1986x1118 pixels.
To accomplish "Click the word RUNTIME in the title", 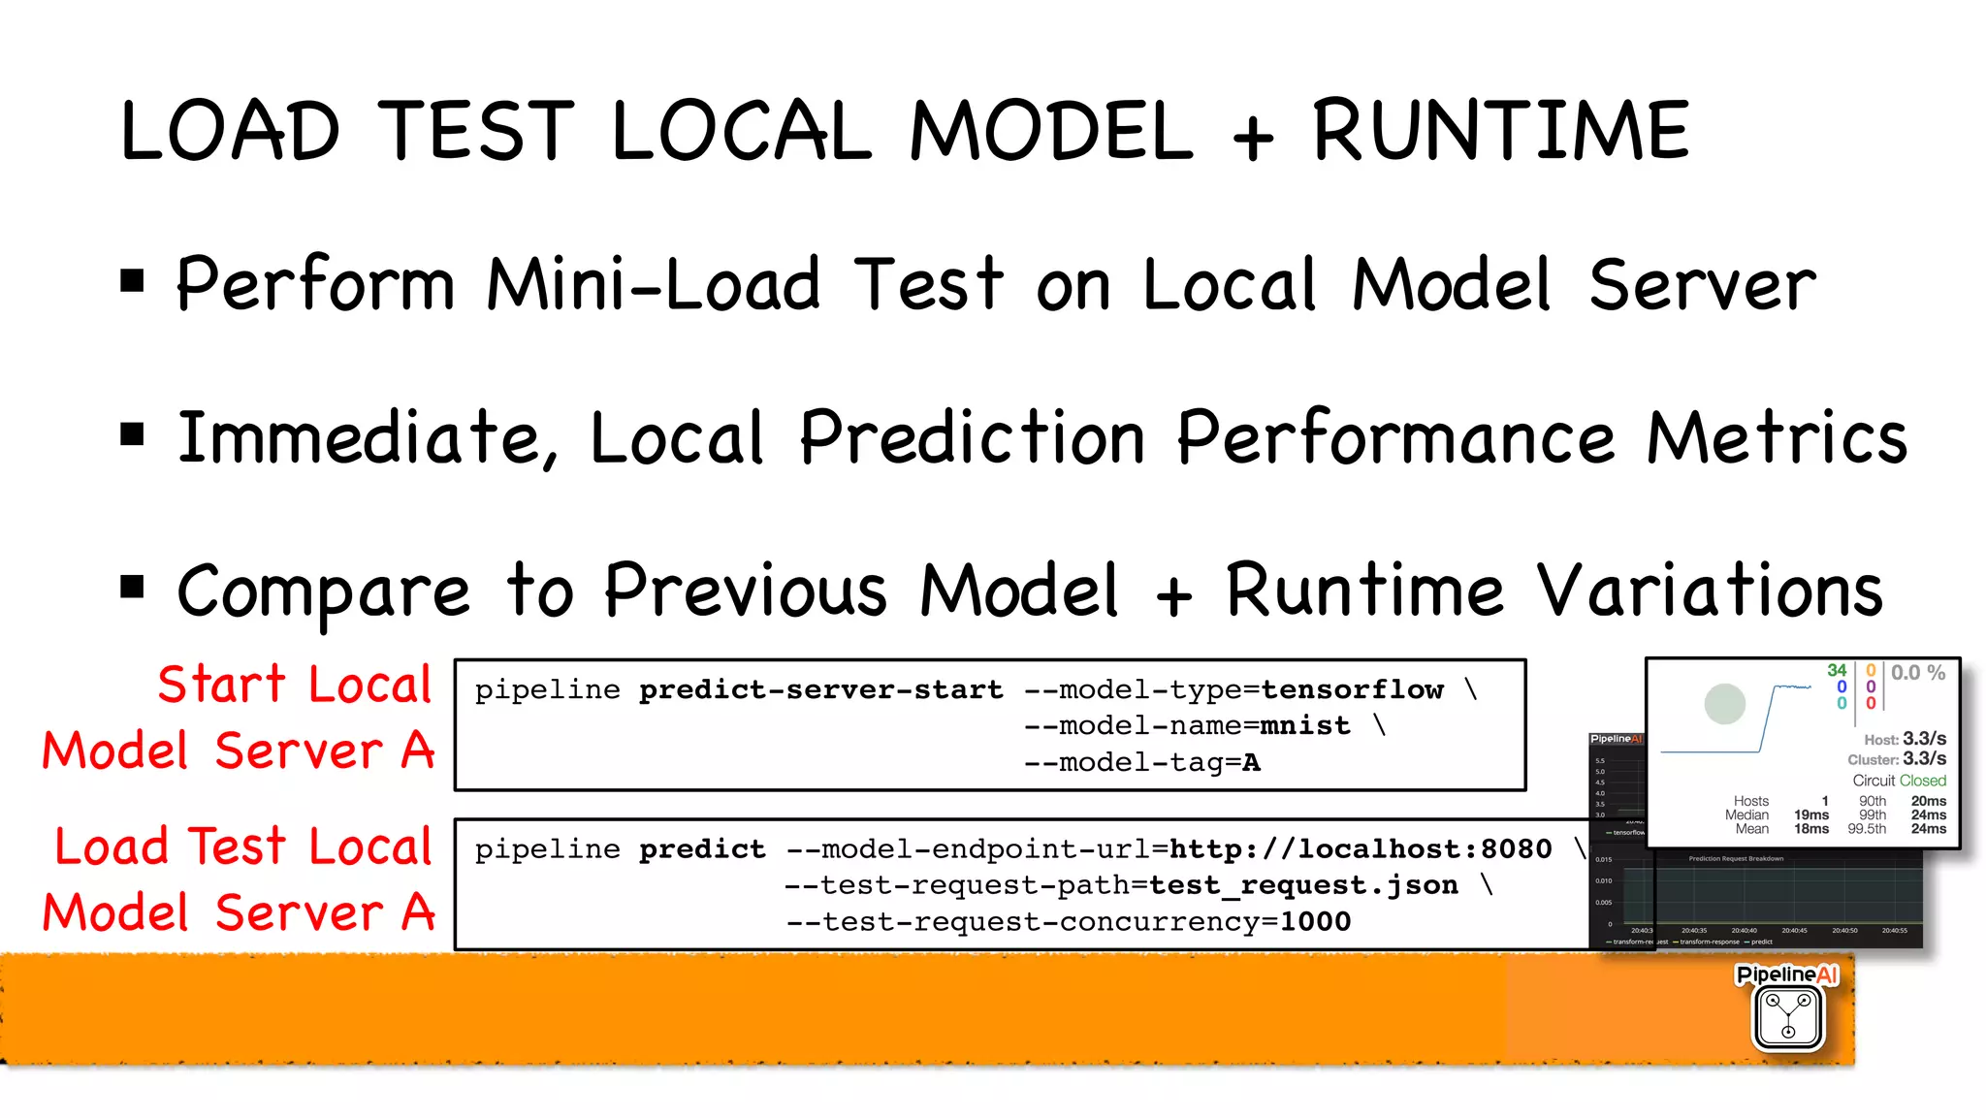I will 1500,131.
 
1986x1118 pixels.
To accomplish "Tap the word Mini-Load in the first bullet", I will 653,285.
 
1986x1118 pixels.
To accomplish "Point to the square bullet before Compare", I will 132,587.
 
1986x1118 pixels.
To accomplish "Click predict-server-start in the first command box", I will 820,689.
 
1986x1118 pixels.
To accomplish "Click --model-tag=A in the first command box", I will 1141,763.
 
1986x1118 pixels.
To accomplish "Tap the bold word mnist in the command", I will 1304,725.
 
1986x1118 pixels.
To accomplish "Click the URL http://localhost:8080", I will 1360,849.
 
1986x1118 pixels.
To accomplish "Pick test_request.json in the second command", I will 1303,885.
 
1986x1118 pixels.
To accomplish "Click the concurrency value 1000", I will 1315,921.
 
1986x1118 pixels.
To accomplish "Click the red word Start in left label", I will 221,685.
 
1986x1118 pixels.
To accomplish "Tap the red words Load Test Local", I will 242,846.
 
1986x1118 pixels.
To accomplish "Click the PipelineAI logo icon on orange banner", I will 1787,1015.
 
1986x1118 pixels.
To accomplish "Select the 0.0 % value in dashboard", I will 1917,673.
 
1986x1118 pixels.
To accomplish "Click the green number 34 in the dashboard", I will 1837,670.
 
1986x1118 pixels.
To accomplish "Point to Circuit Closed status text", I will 1899,781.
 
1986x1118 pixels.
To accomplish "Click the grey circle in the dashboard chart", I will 1724,704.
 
